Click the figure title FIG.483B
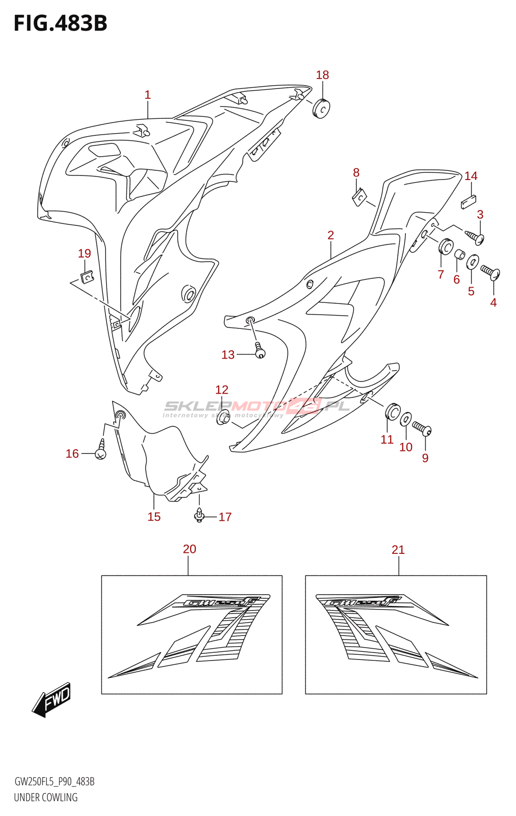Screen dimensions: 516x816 coord(60,24)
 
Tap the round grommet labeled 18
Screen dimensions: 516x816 coord(321,109)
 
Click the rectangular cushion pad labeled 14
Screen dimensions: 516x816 coord(468,202)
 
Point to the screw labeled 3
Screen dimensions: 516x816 coord(475,236)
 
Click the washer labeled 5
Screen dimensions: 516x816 coord(473,262)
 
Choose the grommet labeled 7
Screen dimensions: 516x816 coord(446,247)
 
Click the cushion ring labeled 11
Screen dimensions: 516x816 coord(393,411)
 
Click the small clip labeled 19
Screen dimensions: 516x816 coord(87,276)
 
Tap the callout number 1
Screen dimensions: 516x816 coord(147,95)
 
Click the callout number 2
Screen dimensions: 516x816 coord(330,235)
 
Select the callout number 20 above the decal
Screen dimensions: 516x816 coord(189,549)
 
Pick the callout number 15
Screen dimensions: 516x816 coord(154,517)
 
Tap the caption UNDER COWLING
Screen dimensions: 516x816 coord(46,797)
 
